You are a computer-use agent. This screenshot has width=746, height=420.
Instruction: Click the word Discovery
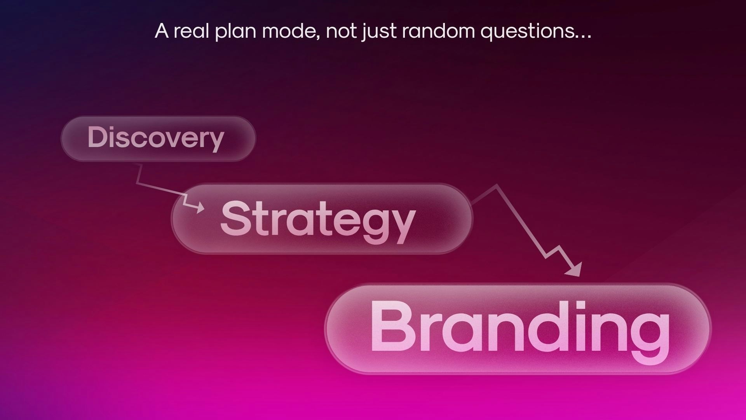point(156,138)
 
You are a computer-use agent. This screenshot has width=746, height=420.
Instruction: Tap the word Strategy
point(318,221)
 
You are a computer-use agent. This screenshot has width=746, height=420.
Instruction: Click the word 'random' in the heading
point(438,31)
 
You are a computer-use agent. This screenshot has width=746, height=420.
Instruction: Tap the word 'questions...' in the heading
point(536,32)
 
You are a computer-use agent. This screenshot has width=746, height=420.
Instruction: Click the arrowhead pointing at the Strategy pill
point(200,207)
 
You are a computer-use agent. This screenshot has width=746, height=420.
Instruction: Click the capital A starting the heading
point(162,31)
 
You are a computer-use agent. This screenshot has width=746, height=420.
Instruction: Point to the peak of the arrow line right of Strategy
point(496,185)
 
